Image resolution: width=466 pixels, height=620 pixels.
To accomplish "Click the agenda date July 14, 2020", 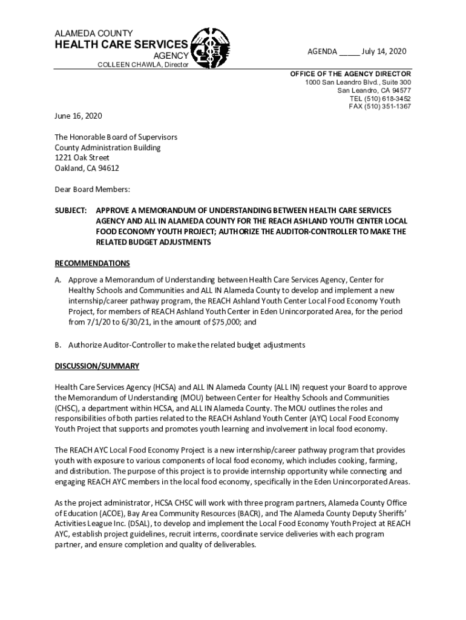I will click(x=384, y=51).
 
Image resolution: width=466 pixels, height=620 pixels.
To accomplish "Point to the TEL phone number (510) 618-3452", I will click(x=380, y=98).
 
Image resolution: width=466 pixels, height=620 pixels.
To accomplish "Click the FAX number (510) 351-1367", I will click(x=380, y=106).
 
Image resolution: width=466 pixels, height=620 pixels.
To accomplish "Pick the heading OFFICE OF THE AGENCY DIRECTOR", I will click(x=350, y=74).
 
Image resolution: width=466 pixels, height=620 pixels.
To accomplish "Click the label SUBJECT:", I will click(x=71, y=210).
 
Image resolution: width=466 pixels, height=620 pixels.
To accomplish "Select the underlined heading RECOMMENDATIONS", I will click(x=92, y=263).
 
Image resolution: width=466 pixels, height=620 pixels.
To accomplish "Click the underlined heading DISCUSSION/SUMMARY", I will click(x=97, y=366).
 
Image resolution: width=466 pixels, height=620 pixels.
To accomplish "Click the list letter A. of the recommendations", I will click(x=59, y=280).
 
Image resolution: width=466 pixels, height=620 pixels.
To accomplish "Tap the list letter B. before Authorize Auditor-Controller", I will click(x=59, y=345).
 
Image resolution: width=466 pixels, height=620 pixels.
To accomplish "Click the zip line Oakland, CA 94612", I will click(x=87, y=168).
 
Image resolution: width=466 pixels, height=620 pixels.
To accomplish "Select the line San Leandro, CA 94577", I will click(x=374, y=90).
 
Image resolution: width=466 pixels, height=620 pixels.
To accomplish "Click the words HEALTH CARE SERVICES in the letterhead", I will click(x=121, y=45).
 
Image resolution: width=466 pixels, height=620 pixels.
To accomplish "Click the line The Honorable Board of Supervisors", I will click(x=116, y=137).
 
